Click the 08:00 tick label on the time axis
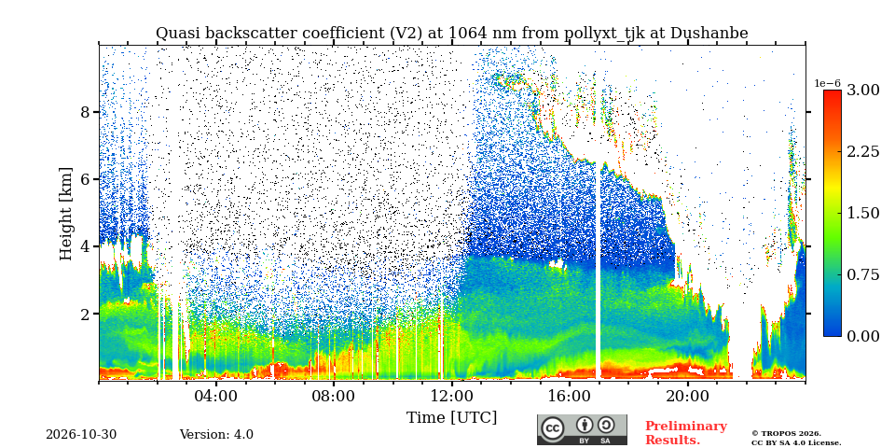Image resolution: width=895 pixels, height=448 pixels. coord(334,397)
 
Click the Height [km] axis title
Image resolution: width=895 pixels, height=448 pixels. coord(67,214)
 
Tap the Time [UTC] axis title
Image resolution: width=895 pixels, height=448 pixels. coord(451,418)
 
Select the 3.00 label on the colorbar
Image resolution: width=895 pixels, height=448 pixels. coord(862,91)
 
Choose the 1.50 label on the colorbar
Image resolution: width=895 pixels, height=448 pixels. coord(862,213)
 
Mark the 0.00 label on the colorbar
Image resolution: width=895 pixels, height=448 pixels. coord(862,336)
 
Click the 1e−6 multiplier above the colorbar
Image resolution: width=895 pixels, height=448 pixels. coord(827,83)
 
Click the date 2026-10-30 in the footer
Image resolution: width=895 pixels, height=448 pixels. coord(81,435)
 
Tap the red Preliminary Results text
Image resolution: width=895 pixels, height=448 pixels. coord(686,433)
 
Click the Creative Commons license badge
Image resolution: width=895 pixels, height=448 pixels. coord(582,429)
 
